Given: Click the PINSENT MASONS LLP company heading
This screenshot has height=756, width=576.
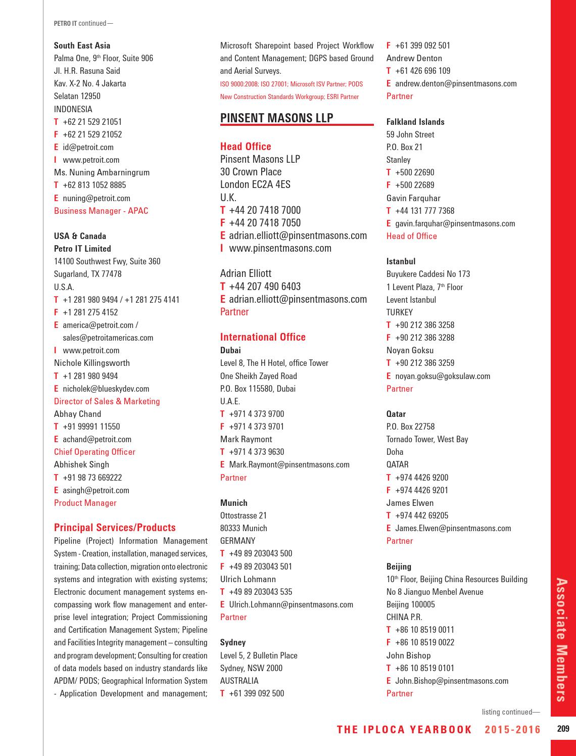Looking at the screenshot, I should click(277, 118).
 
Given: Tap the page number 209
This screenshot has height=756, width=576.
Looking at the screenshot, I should click(563, 729).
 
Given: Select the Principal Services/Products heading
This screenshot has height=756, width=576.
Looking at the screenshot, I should click(115, 528).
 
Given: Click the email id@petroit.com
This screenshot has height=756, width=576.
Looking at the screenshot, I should click(88, 147).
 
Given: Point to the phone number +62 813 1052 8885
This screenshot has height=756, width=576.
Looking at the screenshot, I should click(94, 185).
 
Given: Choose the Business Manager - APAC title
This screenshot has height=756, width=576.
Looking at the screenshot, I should click(101, 211).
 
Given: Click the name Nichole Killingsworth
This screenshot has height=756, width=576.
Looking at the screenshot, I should click(92, 363).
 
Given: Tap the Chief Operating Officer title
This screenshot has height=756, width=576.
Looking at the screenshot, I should click(94, 452).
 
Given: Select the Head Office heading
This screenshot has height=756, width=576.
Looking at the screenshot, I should click(246, 147).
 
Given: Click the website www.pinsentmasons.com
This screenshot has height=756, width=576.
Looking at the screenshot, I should click(280, 248).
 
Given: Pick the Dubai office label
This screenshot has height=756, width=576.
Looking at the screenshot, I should click(230, 350).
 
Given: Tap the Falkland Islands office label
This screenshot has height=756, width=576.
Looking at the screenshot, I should click(415, 122).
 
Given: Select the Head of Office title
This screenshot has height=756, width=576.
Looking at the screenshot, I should click(411, 236).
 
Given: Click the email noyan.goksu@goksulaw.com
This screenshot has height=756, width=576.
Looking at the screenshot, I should click(442, 376).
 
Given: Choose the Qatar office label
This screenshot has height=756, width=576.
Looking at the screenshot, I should click(396, 414).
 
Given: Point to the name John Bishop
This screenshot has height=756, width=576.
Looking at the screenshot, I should click(408, 655).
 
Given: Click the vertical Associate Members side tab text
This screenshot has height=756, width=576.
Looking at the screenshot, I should click(562, 639).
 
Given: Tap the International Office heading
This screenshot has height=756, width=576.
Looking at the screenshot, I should click(263, 337).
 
